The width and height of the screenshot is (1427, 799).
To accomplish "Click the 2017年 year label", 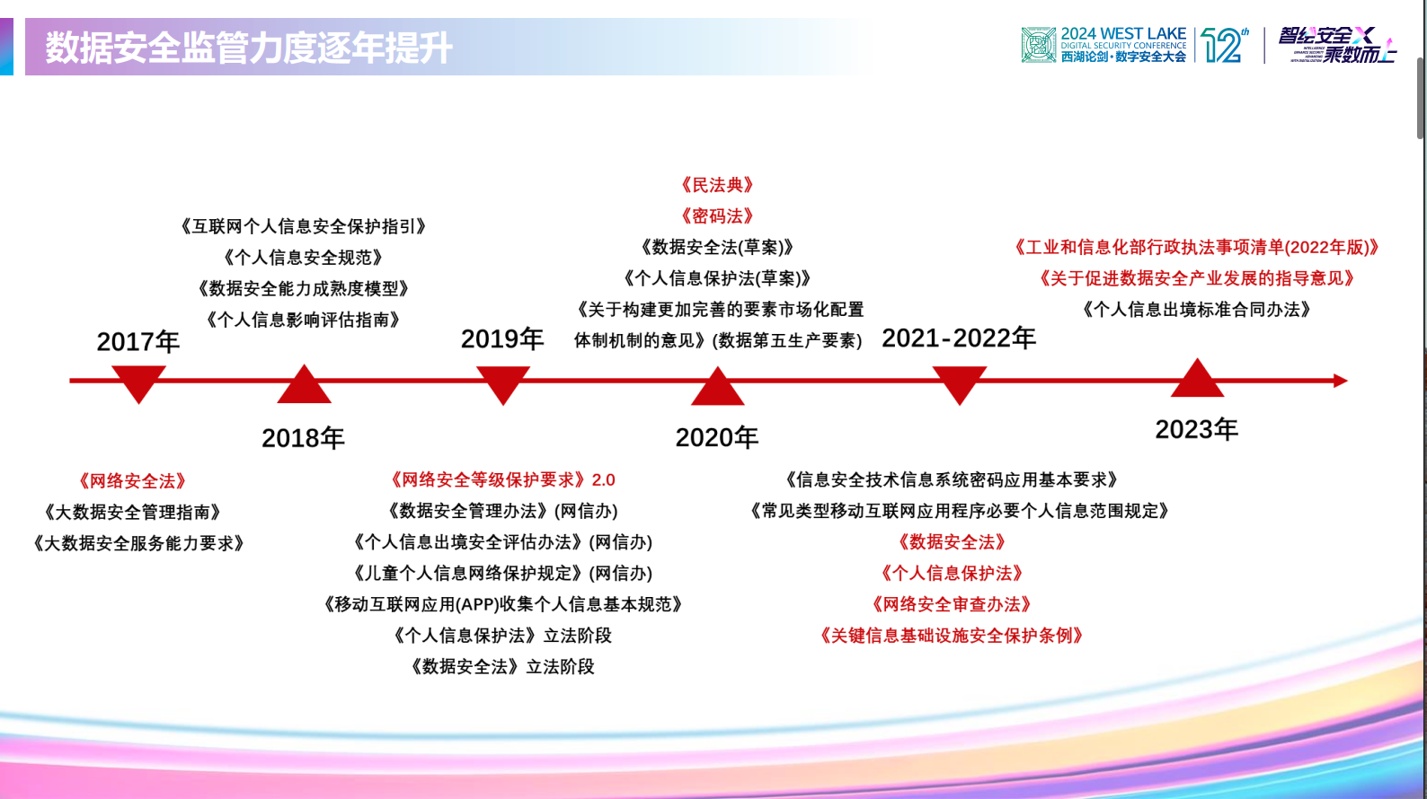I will [137, 342].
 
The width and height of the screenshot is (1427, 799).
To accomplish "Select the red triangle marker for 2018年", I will [304, 386].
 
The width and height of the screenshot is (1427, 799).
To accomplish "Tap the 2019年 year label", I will [502, 339].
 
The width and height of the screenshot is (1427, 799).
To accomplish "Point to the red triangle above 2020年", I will [717, 389].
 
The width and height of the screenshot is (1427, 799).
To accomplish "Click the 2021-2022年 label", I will [958, 338].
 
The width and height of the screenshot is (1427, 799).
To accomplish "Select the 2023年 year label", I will [1196, 430].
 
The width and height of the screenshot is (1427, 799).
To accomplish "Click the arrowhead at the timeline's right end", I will [1340, 381].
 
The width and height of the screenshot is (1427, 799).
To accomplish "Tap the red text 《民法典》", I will [717, 185].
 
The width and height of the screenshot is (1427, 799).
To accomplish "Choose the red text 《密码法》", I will [717, 216].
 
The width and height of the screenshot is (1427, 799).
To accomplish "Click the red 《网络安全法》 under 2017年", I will [132, 481].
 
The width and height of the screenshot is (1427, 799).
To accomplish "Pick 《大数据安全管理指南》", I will [132, 513].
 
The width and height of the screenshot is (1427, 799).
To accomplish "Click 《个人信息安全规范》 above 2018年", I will [304, 258].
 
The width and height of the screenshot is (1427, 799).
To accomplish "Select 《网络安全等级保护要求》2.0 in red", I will [502, 480].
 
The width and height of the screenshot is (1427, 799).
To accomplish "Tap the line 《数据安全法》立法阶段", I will [502, 667].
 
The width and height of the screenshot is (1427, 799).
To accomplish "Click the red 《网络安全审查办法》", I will [952, 605].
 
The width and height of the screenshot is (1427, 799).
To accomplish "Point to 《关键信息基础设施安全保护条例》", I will [952, 637].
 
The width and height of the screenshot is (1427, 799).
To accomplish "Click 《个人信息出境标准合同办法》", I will [1196, 310].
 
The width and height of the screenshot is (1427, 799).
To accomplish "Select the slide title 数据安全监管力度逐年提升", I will [249, 48].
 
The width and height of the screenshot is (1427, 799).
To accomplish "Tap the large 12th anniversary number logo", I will [1223, 45].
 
